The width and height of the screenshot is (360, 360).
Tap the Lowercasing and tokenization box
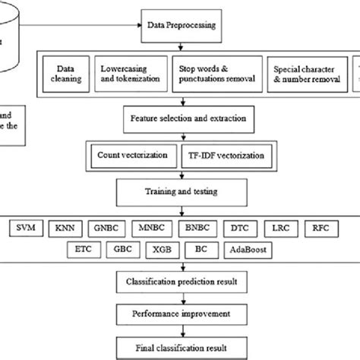pyautogui.click(x=130, y=74)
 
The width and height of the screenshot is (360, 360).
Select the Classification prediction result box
pyautogui.click(x=185, y=283)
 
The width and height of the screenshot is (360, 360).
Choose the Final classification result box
pyautogui.click(x=185, y=348)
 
